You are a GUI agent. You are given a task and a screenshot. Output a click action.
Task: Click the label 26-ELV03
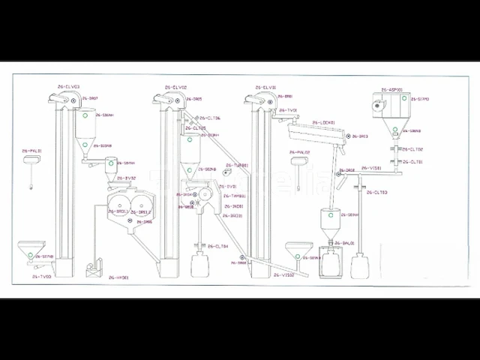(67, 87)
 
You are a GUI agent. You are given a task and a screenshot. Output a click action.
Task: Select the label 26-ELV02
(175, 87)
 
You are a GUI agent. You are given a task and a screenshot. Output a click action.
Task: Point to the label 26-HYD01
(118, 277)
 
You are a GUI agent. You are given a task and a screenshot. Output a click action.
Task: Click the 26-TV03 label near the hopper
(43, 276)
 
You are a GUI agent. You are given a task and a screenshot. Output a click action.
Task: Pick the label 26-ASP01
(391, 89)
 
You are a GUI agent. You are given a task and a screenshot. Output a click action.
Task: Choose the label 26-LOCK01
(322, 122)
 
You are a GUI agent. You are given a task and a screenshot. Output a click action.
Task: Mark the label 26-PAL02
(298, 151)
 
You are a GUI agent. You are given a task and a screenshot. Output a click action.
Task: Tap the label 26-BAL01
(344, 243)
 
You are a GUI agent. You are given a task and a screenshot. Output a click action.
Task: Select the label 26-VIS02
(293, 275)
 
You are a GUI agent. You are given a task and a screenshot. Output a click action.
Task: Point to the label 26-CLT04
(217, 246)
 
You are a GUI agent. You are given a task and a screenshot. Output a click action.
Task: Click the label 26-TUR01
(236, 165)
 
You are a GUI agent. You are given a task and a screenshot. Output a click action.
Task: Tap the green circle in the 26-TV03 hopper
(31, 256)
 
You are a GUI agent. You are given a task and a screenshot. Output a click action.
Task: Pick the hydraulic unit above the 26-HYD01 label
(95, 265)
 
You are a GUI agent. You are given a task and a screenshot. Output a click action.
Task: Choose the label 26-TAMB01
(232, 196)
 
